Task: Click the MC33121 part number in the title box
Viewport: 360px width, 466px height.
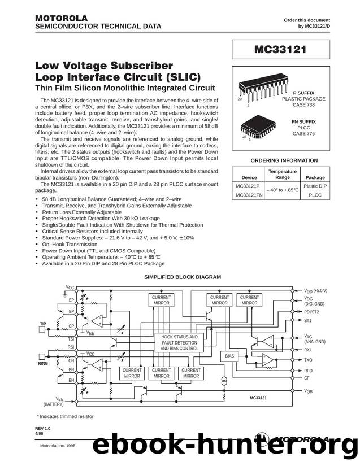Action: (280, 49)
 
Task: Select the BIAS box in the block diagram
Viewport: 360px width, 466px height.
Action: (229, 356)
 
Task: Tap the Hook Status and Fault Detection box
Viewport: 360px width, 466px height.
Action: (179, 343)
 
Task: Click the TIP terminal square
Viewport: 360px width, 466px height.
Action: (42, 329)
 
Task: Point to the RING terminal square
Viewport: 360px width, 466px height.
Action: (42, 356)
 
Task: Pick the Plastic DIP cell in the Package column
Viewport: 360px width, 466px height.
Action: (315, 186)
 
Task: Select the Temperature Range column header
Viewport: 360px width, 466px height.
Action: (283, 174)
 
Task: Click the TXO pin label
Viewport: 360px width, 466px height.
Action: (308, 360)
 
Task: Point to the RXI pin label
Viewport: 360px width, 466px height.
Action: (307, 350)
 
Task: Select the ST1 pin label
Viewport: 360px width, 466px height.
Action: (307, 321)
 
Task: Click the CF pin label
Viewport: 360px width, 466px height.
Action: (306, 378)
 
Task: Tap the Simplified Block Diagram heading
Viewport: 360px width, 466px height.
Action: (183, 277)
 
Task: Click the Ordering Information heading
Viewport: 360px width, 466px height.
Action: (284, 160)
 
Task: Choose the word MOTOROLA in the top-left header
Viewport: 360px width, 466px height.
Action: (61, 18)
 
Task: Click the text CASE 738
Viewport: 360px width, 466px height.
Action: (303, 105)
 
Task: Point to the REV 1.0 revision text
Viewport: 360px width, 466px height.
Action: (43, 428)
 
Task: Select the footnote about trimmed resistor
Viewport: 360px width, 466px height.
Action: (65, 416)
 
